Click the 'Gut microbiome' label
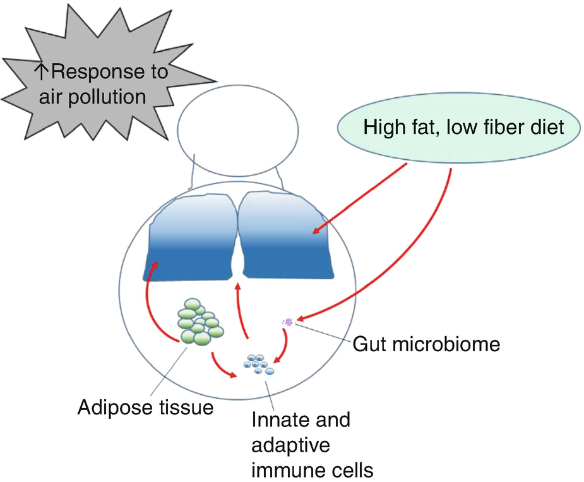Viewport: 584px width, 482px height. pyautogui.click(x=426, y=345)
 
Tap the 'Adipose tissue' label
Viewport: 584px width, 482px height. pyautogui.click(x=145, y=407)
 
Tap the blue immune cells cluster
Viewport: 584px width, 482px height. pyautogui.click(x=259, y=365)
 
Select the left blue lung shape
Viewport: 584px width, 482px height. pyautogui.click(x=189, y=246)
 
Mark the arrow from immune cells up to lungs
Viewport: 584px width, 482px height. pyautogui.click(x=243, y=316)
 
